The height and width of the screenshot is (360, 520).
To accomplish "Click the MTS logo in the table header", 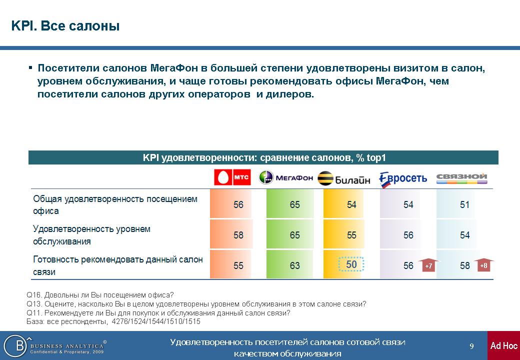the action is pyautogui.click(x=232, y=177).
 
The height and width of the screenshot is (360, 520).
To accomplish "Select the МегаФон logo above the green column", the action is pyautogui.click(x=286, y=177).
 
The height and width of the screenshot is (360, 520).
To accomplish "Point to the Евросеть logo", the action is pyautogui.click(x=403, y=179).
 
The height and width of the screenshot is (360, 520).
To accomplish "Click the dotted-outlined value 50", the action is pyautogui.click(x=351, y=264).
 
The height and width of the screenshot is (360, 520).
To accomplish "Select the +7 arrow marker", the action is pyautogui.click(x=428, y=265).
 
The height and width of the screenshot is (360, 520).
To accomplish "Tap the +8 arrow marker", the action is pyautogui.click(x=483, y=265).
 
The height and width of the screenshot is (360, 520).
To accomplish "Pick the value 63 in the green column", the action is pyautogui.click(x=294, y=265).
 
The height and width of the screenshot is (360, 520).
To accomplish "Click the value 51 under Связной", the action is pyautogui.click(x=464, y=204).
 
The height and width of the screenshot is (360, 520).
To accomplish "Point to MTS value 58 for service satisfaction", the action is pyautogui.click(x=238, y=235).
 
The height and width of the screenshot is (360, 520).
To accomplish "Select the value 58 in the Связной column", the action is pyautogui.click(x=464, y=265).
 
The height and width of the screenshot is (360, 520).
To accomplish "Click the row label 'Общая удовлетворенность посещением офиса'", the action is pyautogui.click(x=115, y=205).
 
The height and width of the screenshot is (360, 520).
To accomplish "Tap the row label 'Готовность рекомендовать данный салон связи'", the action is pyautogui.click(x=117, y=265).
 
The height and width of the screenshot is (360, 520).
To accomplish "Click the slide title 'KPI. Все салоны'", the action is pyautogui.click(x=65, y=26).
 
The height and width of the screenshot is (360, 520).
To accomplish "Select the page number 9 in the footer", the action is pyautogui.click(x=471, y=346).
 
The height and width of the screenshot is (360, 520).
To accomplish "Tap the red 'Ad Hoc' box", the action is pyautogui.click(x=503, y=345).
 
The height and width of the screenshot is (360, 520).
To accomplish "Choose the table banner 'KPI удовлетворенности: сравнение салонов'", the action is pyautogui.click(x=264, y=157).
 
